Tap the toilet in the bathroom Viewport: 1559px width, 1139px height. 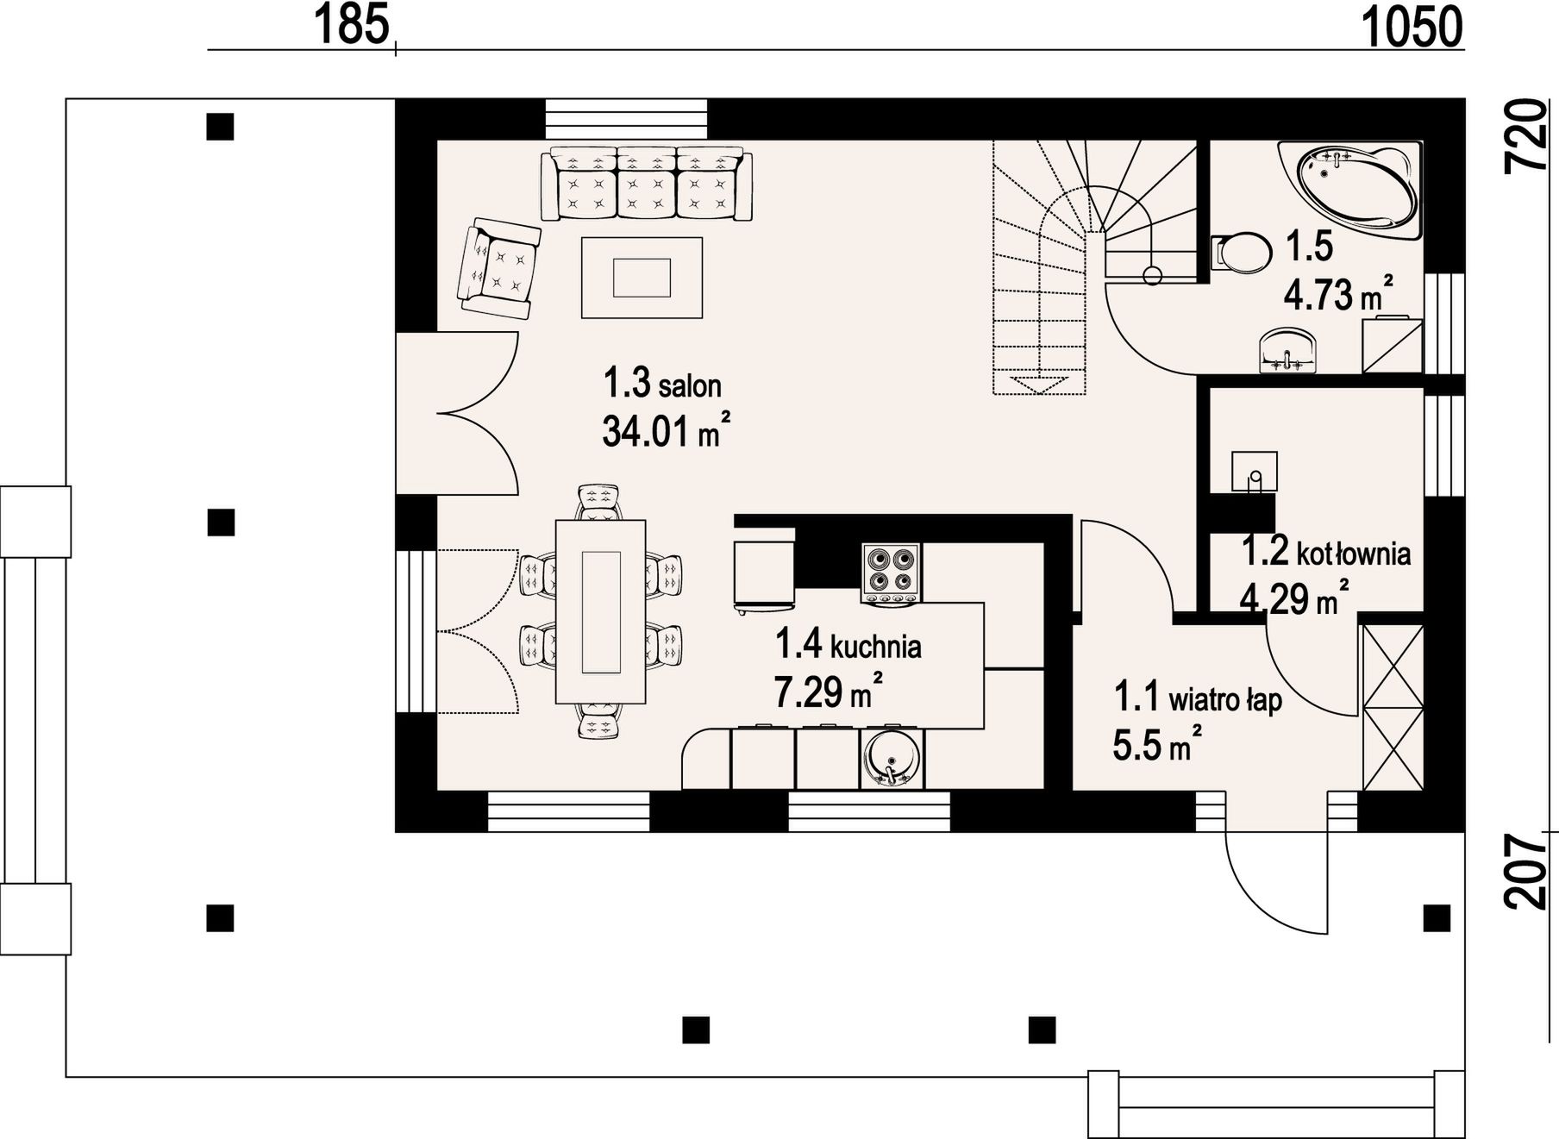[1241, 252]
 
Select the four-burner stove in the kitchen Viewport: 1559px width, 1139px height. [891, 573]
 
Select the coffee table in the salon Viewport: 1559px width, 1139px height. [642, 278]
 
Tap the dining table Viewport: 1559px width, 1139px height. [600, 610]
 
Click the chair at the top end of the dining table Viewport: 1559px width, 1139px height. [598, 502]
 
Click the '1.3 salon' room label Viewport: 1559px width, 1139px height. [661, 383]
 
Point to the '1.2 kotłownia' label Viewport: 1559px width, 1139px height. [1325, 551]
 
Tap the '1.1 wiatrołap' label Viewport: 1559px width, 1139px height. [1198, 698]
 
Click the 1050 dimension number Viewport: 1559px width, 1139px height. [1412, 26]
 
